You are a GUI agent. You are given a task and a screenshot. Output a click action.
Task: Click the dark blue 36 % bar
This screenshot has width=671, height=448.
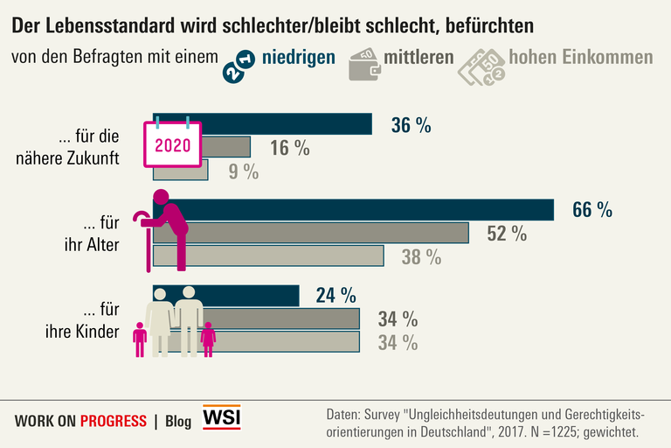click(288, 124)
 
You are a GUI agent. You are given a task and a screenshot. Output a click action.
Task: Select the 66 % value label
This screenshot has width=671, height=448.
click(591, 210)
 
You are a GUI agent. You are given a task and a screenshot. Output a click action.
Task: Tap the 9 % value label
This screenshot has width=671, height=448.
click(244, 171)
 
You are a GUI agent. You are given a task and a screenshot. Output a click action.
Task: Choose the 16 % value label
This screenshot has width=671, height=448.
click(289, 148)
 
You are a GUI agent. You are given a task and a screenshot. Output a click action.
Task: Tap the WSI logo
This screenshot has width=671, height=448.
click(221, 418)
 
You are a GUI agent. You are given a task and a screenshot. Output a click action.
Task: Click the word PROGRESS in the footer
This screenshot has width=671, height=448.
click(113, 421)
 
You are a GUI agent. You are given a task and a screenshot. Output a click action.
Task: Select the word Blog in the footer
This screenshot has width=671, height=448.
click(177, 421)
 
